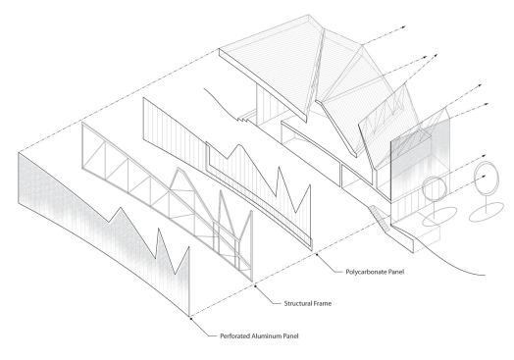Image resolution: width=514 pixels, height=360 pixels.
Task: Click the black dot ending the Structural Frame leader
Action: (255, 286)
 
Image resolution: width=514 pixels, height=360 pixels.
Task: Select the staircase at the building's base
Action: (377, 209)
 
